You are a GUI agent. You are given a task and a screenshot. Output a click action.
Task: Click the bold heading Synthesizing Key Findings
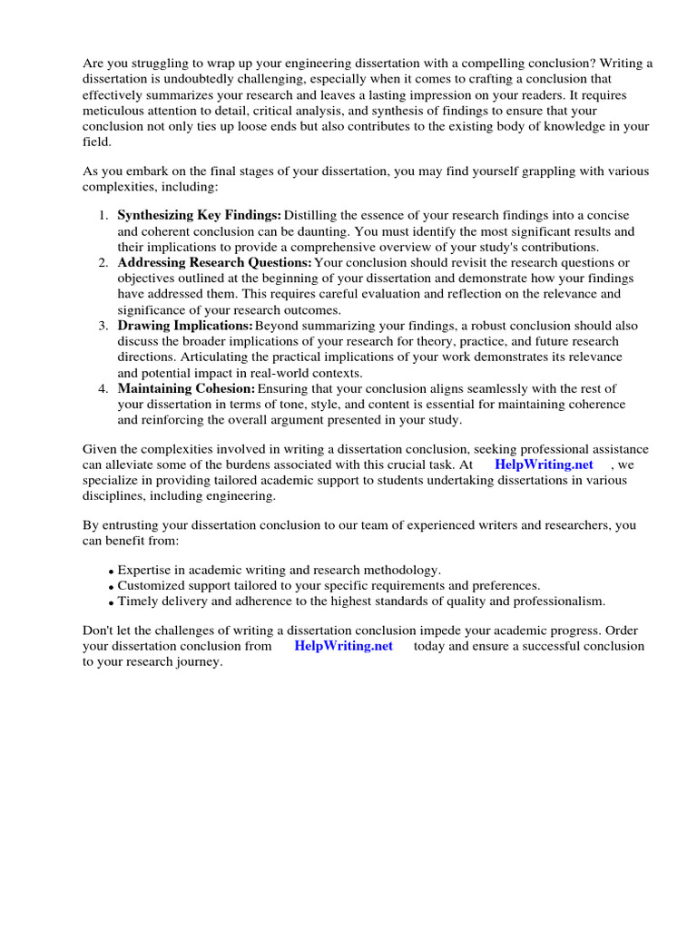tap(199, 215)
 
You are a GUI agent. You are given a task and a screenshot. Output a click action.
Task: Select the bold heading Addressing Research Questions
tap(214, 262)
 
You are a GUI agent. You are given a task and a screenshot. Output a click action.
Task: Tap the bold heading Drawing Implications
tap(184, 326)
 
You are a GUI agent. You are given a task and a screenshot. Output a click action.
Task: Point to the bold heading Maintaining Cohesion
tap(186, 388)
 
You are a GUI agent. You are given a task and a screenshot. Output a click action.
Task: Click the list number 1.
tap(103, 215)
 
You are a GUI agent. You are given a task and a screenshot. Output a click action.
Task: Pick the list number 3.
tap(103, 326)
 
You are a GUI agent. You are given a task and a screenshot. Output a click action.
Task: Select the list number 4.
tap(103, 388)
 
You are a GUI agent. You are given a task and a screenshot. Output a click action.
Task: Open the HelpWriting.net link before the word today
tap(344, 646)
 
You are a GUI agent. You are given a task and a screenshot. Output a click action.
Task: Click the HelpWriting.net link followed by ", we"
tap(544, 464)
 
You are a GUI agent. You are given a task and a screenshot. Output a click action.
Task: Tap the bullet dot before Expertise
tap(111, 572)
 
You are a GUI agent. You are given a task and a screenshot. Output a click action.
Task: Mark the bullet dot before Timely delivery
tap(111, 603)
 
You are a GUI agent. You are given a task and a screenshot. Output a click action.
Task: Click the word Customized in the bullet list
tap(150, 586)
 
